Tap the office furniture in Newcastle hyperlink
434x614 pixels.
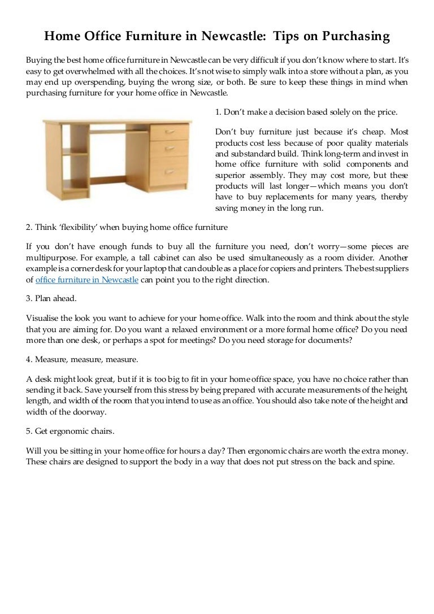point(86,280)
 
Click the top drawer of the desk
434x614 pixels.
point(170,131)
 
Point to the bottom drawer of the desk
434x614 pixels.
point(170,171)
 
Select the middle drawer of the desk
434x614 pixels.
point(170,148)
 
